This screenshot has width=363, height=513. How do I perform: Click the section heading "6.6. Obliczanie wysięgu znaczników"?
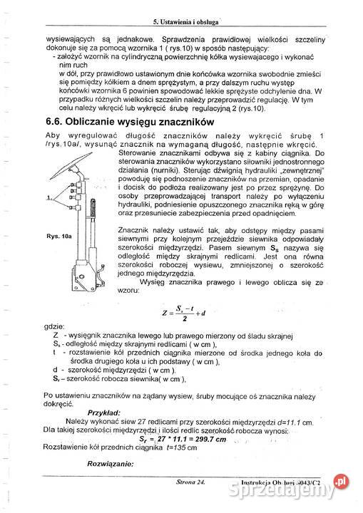coord(126,123)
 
